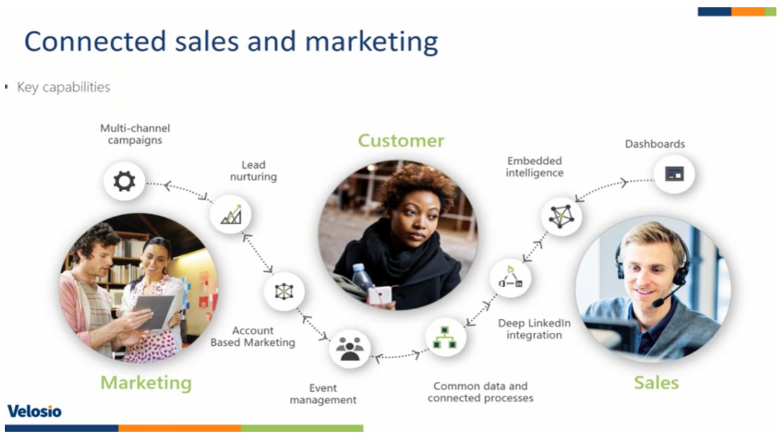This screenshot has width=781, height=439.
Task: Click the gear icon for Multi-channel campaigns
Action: [x=124, y=181]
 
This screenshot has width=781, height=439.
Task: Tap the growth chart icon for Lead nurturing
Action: [x=231, y=214]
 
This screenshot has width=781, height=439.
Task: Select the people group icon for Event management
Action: [x=350, y=348]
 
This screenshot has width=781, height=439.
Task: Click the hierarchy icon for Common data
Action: [x=445, y=337]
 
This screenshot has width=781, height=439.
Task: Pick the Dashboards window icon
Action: [x=674, y=174]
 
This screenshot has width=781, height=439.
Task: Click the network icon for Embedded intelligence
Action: [x=561, y=216]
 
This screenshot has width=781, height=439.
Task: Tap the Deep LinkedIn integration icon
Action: [x=511, y=277]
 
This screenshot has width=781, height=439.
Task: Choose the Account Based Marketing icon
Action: [x=284, y=291]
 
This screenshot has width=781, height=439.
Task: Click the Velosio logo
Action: [x=35, y=412]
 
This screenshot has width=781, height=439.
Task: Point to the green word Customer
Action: [x=401, y=141]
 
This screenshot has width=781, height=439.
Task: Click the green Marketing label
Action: [x=146, y=383]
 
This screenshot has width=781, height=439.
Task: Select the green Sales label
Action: [x=656, y=382]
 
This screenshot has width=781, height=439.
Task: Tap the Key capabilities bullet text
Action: [x=63, y=87]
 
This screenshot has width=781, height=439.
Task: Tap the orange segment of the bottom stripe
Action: [x=179, y=428]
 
